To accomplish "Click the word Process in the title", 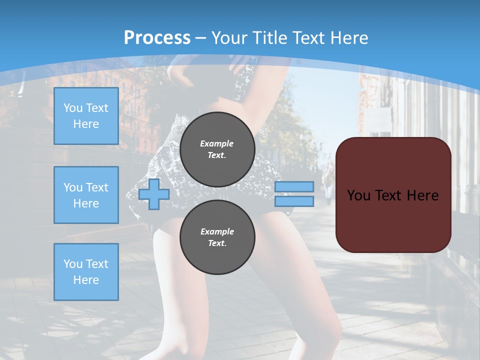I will point(157,38).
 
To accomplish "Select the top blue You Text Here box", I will point(86,116).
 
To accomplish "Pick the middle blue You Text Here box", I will point(86,195).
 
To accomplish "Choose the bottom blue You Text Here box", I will point(86,272).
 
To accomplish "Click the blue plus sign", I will point(154,194).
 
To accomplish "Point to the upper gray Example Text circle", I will point(217,149).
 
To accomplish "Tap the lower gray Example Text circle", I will point(217,237).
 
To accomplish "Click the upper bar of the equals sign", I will point(294,187).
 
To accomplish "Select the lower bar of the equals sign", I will point(294,201).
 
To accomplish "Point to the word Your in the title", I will point(229,38).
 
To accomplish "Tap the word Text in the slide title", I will point(307,38).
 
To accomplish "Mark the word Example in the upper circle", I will point(217,143).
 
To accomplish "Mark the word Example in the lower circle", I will point(217,231).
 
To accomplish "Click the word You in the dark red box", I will point(359,195).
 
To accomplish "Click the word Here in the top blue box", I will point(86,124).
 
